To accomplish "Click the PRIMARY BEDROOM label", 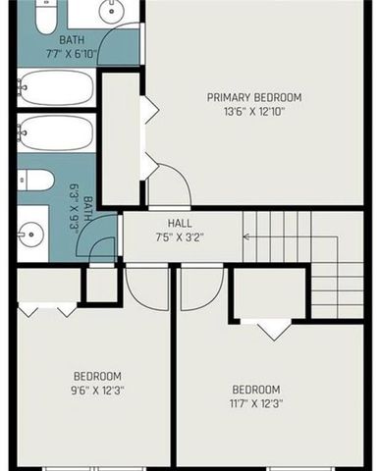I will (253, 97).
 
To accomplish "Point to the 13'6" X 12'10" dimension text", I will (253, 113).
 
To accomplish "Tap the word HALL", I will (179, 223).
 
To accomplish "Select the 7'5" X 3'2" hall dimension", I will (179, 236).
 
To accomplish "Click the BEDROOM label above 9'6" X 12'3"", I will (97, 377).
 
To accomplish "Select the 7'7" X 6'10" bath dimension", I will (72, 53).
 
